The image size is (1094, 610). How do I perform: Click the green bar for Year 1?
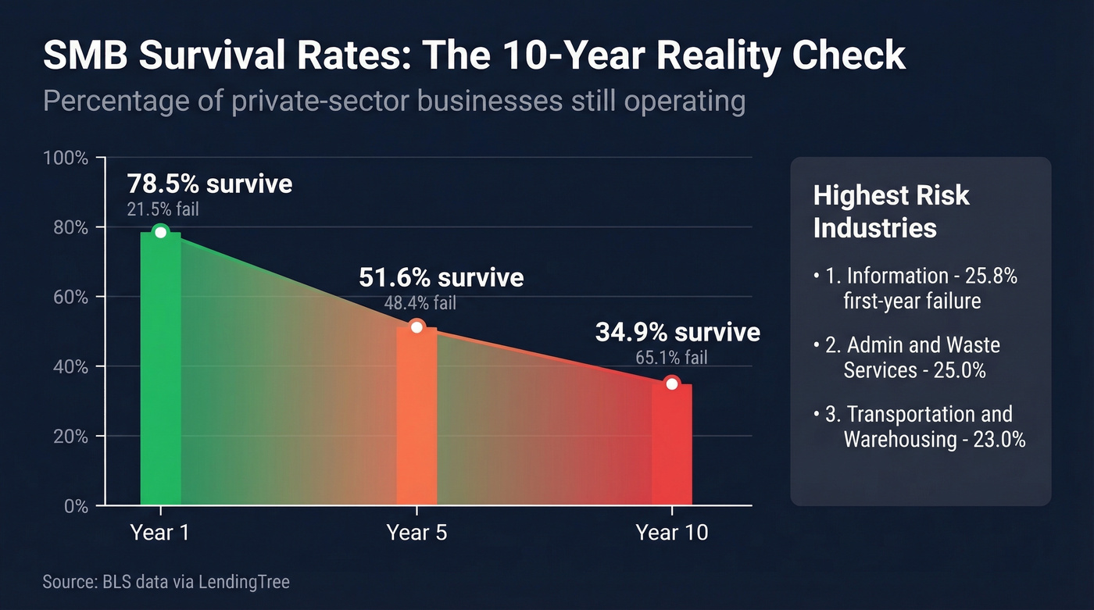point(160,375)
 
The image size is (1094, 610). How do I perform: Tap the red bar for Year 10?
point(672,445)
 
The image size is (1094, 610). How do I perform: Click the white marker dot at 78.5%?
point(160,232)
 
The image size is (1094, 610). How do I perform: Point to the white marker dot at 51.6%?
point(417,326)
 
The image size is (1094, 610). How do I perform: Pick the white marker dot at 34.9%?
point(672,383)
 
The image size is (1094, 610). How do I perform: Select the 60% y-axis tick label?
point(70,298)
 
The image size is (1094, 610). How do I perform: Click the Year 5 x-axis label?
point(417,533)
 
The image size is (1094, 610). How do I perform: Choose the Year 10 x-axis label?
point(672,533)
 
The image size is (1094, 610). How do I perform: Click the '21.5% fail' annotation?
point(163,209)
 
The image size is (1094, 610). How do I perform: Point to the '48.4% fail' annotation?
point(420,303)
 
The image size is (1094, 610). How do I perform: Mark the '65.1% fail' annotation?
point(672,358)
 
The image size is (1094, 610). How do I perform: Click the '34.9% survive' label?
point(677,332)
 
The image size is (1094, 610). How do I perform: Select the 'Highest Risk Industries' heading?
point(891,211)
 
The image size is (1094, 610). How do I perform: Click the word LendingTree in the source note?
point(245,582)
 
